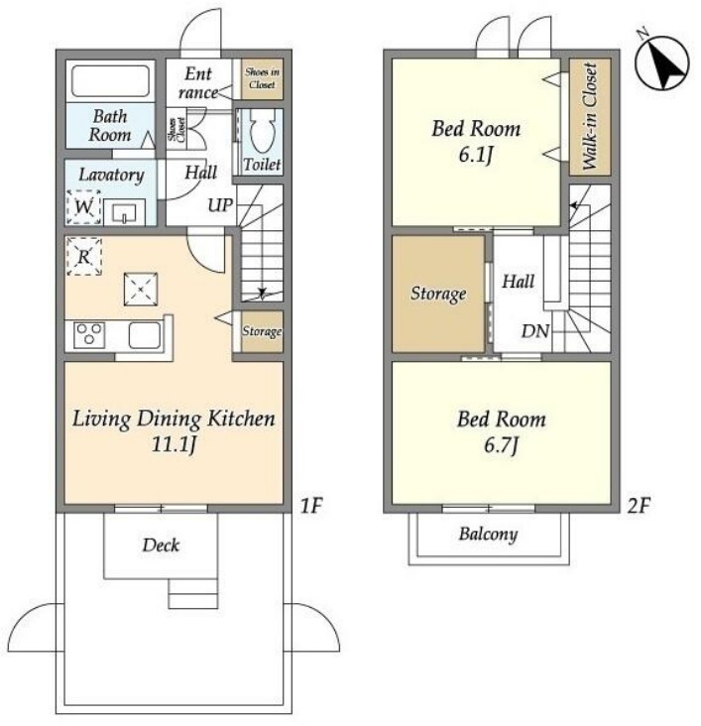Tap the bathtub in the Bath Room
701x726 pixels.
[110, 81]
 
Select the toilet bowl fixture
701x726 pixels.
[262, 132]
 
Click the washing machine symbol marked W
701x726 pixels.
[84, 206]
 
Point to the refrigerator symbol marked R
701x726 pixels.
[84, 256]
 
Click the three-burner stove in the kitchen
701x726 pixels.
[89, 335]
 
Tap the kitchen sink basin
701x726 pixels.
[145, 335]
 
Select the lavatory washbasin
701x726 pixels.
[124, 212]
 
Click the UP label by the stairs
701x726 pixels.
[220, 205]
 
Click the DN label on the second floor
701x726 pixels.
[534, 331]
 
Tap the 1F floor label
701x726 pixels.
[310, 505]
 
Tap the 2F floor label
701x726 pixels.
[639, 505]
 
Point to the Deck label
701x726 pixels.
[161, 544]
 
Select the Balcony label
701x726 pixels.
[488, 535]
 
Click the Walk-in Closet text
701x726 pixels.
[589, 116]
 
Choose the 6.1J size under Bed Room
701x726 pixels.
[476, 154]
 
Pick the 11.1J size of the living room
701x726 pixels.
[174, 444]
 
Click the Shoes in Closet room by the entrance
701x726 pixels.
[262, 78]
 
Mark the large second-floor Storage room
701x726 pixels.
[438, 294]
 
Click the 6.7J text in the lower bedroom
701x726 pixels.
[501, 445]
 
